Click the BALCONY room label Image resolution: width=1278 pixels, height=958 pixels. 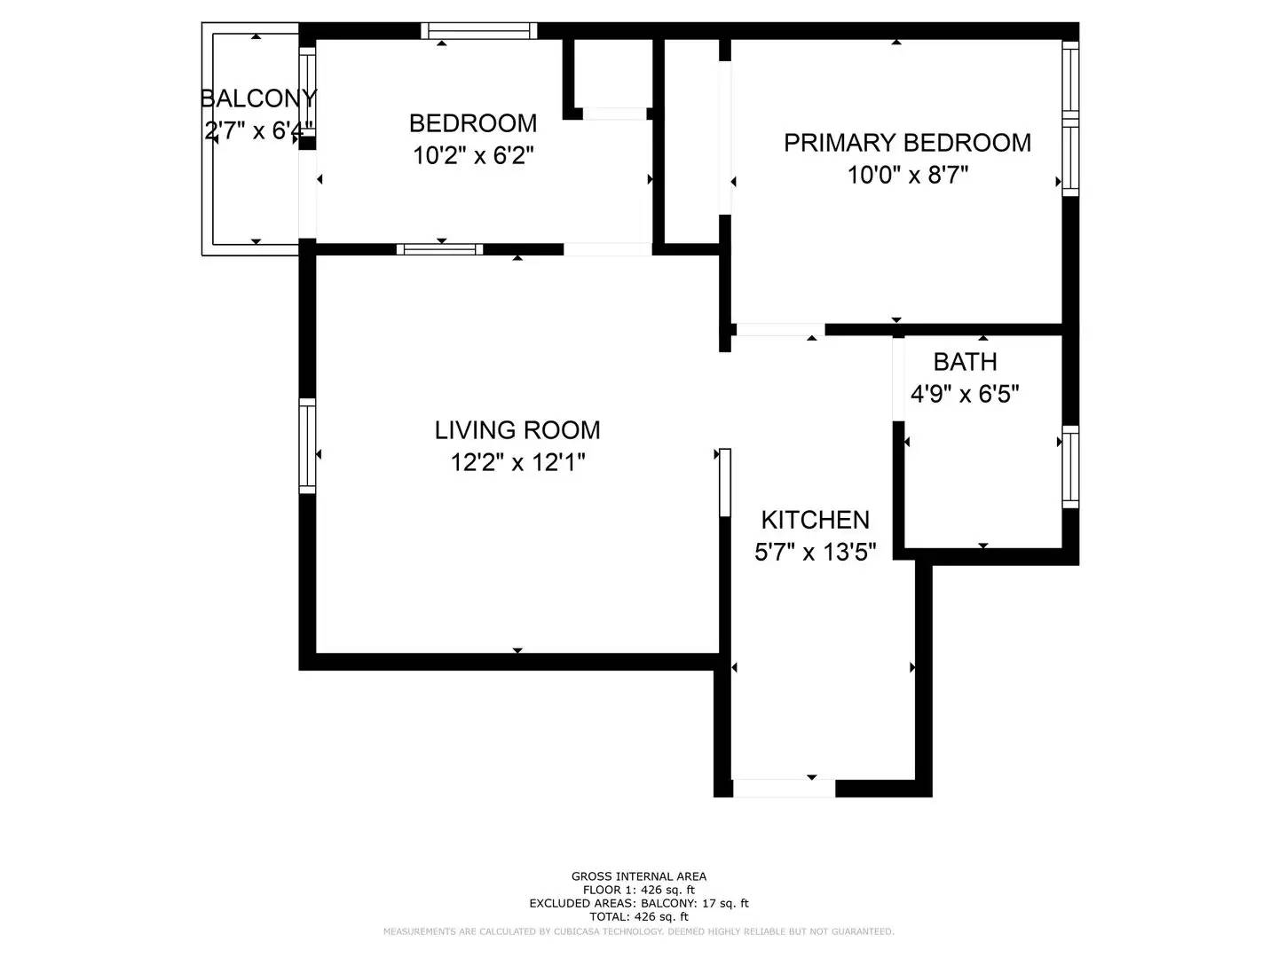pyautogui.click(x=258, y=98)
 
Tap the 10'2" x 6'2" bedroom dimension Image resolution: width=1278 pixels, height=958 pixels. pyautogui.click(x=473, y=155)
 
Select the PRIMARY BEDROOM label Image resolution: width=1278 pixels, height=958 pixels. pyautogui.click(x=907, y=142)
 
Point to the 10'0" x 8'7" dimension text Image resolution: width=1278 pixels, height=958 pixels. pyautogui.click(x=907, y=175)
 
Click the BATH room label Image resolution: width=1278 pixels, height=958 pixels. pyautogui.click(x=965, y=361)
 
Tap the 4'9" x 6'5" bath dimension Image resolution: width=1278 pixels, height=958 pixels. pyautogui.click(x=965, y=393)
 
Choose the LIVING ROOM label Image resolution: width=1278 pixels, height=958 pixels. pyautogui.click(x=517, y=430)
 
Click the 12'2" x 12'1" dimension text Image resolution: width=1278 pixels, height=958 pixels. pyautogui.click(x=517, y=462)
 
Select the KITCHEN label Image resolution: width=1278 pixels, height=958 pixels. pyautogui.click(x=815, y=520)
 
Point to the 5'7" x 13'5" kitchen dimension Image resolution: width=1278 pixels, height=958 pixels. pyautogui.click(x=815, y=553)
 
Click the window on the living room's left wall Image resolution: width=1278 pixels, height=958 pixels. pyautogui.click(x=307, y=445)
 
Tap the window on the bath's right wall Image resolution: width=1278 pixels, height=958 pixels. pyautogui.click(x=1071, y=467)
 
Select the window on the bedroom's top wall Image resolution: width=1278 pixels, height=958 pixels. pyautogui.click(x=478, y=31)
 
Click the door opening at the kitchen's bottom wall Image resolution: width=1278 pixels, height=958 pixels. pyautogui.click(x=784, y=788)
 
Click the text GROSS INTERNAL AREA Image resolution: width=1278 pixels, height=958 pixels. pyautogui.click(x=639, y=876)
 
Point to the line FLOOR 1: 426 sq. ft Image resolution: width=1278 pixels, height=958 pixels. pyautogui.click(x=639, y=890)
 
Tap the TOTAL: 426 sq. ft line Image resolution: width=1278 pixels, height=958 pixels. pyautogui.click(x=639, y=916)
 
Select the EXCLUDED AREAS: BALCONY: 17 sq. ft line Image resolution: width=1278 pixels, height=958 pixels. pyautogui.click(x=639, y=903)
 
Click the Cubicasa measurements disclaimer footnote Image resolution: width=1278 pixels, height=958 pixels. pyautogui.click(x=639, y=931)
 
